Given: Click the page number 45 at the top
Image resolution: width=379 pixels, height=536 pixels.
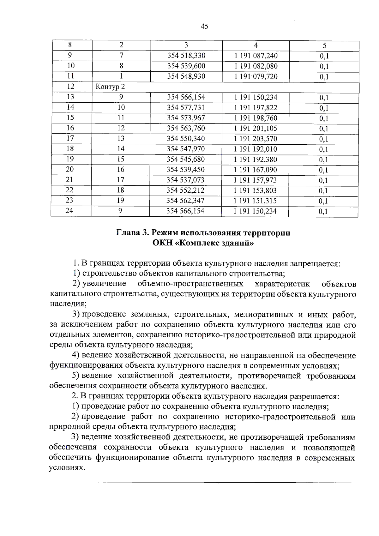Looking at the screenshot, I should pos(204,27).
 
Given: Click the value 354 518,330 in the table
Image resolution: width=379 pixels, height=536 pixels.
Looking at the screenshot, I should pos(186,56).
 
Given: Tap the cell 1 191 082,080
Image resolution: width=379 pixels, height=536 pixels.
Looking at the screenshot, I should pos(256,66).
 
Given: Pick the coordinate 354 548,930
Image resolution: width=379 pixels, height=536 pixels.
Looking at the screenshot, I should pos(186,77).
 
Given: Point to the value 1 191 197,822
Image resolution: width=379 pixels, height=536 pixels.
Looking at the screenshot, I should pos(256,108).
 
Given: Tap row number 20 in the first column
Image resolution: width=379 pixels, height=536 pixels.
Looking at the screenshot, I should pos(69,170).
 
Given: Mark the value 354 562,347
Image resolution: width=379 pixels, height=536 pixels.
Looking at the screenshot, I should pos(185,201).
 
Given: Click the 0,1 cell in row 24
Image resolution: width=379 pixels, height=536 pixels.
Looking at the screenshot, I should pos(323,212).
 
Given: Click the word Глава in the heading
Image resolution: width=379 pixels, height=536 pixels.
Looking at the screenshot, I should pos(128,233).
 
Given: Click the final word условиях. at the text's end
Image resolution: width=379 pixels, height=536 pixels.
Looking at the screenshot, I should pos(67,468).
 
